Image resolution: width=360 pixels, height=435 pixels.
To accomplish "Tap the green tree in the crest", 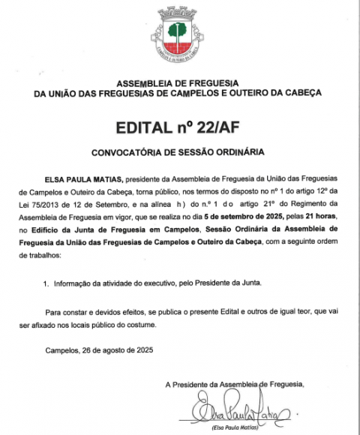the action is pyautogui.click(x=178, y=31).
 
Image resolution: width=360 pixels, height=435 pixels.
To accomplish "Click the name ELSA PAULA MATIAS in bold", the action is pyautogui.click(x=82, y=181).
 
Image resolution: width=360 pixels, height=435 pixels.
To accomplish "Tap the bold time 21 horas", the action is pyautogui.click(x=308, y=215).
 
